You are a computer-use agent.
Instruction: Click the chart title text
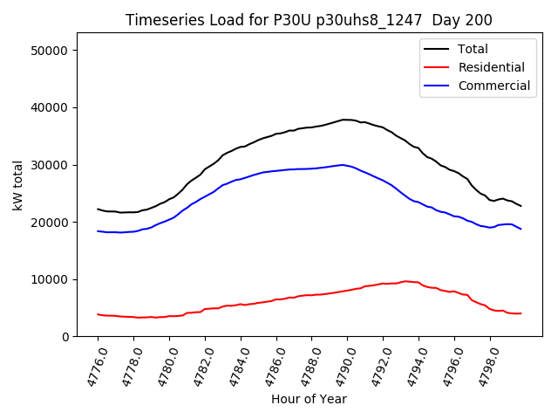point(309,20)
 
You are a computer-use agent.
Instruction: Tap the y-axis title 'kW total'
point(17,185)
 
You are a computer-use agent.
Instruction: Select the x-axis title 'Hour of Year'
point(309,399)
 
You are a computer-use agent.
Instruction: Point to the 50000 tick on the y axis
point(52,51)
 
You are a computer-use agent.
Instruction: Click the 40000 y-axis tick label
point(52,107)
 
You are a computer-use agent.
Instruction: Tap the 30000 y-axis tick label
point(52,165)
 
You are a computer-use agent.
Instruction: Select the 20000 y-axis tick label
point(52,222)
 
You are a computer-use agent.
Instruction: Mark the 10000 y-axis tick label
point(52,279)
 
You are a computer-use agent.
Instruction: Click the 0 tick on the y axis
point(66,337)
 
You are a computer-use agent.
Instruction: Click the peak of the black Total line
point(346,120)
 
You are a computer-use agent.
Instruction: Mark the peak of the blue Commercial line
point(344,164)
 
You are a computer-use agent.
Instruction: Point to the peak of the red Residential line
point(405,281)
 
